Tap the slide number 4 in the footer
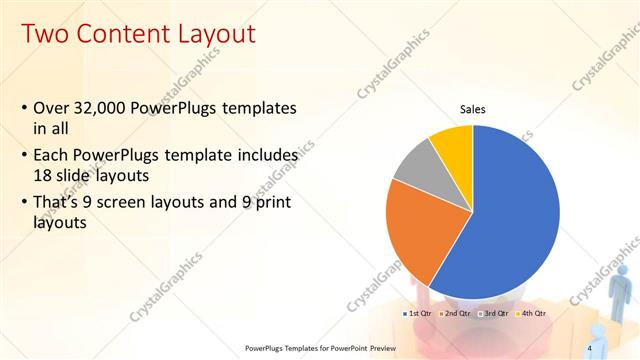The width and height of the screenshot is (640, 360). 589,347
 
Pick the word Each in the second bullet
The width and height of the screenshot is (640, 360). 52,157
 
